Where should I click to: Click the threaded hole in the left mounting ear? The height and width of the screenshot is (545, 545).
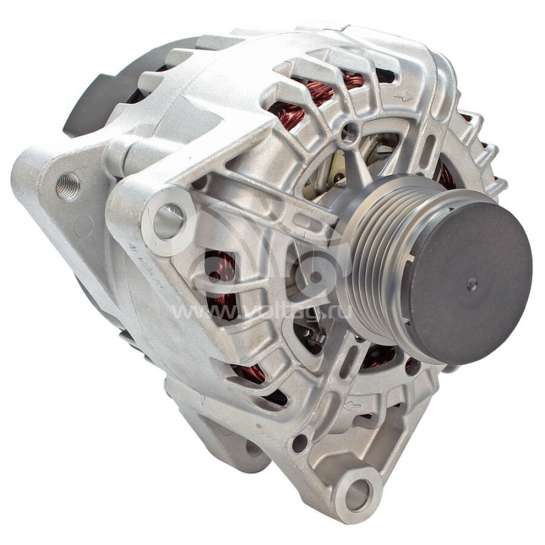point(67,185)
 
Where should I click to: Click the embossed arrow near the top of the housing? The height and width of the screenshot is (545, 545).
point(403,97)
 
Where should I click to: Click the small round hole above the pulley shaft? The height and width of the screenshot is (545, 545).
point(349,131)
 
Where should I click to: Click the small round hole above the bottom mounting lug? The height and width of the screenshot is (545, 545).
point(299,442)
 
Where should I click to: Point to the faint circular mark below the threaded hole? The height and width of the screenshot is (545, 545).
point(82,225)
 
